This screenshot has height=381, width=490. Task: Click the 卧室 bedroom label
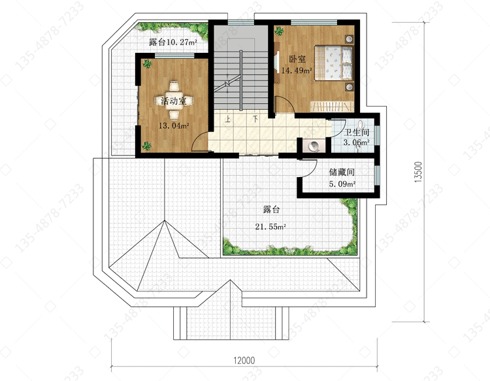point(297,59)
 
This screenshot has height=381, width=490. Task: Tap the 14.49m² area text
point(297,71)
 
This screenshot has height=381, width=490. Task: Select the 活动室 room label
point(173,101)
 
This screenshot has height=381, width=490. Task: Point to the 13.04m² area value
point(174,126)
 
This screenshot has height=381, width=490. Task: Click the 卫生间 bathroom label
point(357,133)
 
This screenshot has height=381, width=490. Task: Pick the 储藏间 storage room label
point(342,173)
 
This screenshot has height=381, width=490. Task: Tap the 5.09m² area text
point(342,184)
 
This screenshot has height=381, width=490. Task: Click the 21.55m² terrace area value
point(270,227)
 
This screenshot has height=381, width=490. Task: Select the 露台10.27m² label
point(173,42)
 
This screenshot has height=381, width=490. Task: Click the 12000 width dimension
point(244,361)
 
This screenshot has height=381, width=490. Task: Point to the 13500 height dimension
point(418,172)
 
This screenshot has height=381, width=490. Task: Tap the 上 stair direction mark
point(228,119)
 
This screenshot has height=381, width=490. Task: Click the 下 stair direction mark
point(255,119)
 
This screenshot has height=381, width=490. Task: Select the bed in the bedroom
point(333,63)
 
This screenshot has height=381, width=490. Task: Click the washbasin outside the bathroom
point(314,146)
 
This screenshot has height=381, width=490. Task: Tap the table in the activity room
point(174,101)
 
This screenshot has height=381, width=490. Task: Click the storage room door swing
point(310,169)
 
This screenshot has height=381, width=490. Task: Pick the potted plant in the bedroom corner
point(279,31)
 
